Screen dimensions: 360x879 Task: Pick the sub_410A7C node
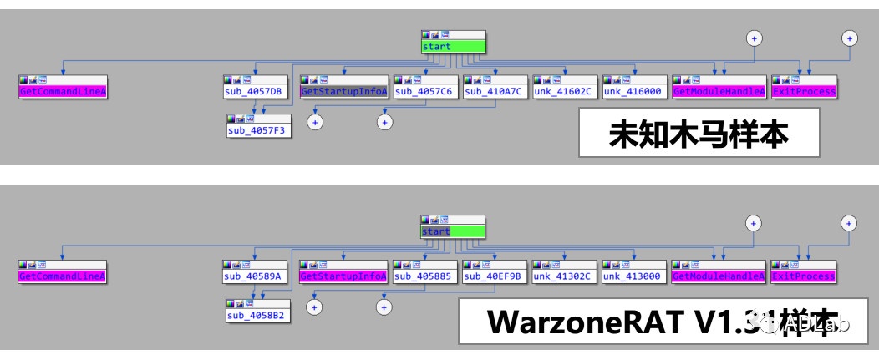tap(495, 91)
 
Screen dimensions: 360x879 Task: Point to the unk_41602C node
tap(565, 91)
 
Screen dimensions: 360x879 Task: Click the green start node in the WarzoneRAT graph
tap(453, 231)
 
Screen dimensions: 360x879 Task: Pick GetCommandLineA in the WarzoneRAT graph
tap(63, 276)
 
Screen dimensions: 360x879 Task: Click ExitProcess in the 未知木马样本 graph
tap(804, 91)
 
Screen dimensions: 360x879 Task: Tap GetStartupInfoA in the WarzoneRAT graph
tap(343, 276)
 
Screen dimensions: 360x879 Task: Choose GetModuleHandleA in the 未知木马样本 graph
tap(719, 91)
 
